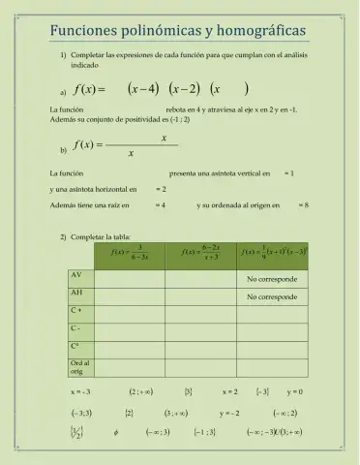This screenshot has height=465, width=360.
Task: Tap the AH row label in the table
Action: pyautogui.click(x=76, y=293)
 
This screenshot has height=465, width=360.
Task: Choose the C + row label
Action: pyautogui.click(x=76, y=310)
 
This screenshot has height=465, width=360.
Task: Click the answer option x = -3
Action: pyautogui.click(x=80, y=392)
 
